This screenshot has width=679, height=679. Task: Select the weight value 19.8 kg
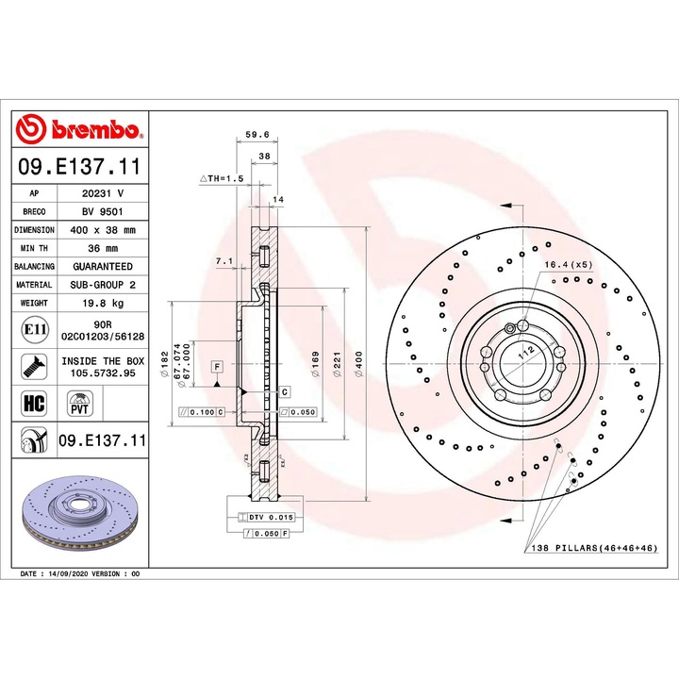[x=103, y=303]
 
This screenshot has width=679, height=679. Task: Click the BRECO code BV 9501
[x=103, y=212]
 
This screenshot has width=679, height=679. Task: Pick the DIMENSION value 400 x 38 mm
[x=103, y=230]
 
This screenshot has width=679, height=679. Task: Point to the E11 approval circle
[x=34, y=330]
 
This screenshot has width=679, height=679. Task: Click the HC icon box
[x=34, y=404]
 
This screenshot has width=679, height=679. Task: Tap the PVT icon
[x=80, y=404]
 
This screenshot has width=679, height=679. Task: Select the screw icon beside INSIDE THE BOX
[x=34, y=367]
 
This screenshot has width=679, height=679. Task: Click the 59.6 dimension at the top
[x=257, y=135]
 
